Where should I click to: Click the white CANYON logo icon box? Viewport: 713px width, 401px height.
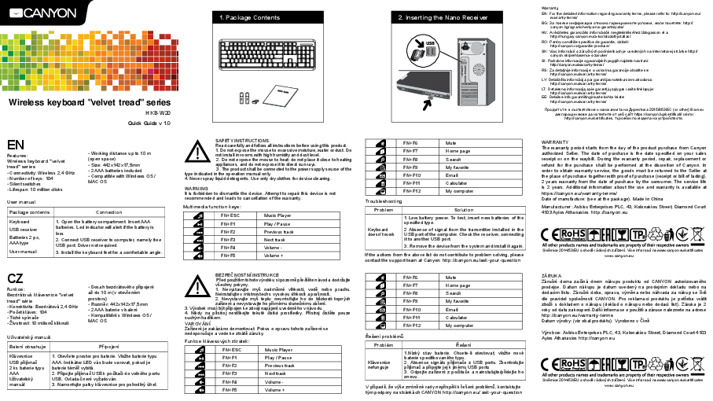16,13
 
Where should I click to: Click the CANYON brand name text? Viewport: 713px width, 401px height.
50,13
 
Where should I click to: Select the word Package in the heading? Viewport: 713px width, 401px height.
238,17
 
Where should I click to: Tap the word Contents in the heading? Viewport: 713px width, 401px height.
266,17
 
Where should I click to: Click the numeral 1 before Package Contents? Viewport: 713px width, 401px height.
221,17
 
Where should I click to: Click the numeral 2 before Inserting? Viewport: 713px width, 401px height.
400,17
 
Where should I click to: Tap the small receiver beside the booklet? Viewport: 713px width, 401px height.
255,101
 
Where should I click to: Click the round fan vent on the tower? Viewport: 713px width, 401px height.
478,69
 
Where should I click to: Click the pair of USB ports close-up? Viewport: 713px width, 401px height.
431,51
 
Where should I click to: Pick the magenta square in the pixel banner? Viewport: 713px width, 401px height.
150,71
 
